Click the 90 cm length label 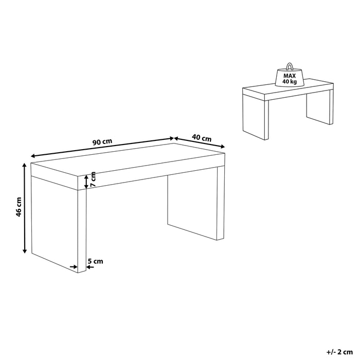[102, 141]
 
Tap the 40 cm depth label [202, 138]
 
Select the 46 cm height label [19, 207]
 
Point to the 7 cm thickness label [93, 179]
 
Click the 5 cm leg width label [96, 261]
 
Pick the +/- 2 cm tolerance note [339, 352]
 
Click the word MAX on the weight [290, 76]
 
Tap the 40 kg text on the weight [290, 81]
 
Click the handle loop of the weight [289, 66]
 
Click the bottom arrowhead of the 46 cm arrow [25, 251]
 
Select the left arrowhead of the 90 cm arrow [33, 156]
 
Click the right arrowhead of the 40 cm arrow [222, 147]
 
